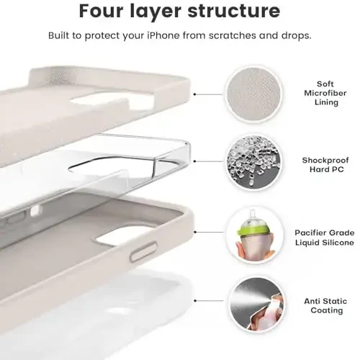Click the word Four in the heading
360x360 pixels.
[x=102, y=11]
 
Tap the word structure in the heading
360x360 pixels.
[x=234, y=11]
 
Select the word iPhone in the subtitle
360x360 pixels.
[x=163, y=35]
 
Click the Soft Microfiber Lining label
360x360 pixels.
[x=325, y=93]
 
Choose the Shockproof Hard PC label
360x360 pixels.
[x=325, y=165]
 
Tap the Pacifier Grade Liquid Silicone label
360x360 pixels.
[x=325, y=238]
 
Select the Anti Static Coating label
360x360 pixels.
[x=325, y=306]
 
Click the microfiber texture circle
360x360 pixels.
[x=254, y=94]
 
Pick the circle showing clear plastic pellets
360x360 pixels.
[x=254, y=162]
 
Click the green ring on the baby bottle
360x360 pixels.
[x=253, y=230]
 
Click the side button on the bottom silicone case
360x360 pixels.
[x=143, y=252]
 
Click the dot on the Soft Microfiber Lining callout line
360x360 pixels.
[x=194, y=94]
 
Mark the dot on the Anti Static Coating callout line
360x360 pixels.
[x=195, y=301]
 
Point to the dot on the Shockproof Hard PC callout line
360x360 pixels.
[x=194, y=161]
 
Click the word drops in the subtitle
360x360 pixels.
[x=296, y=35]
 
